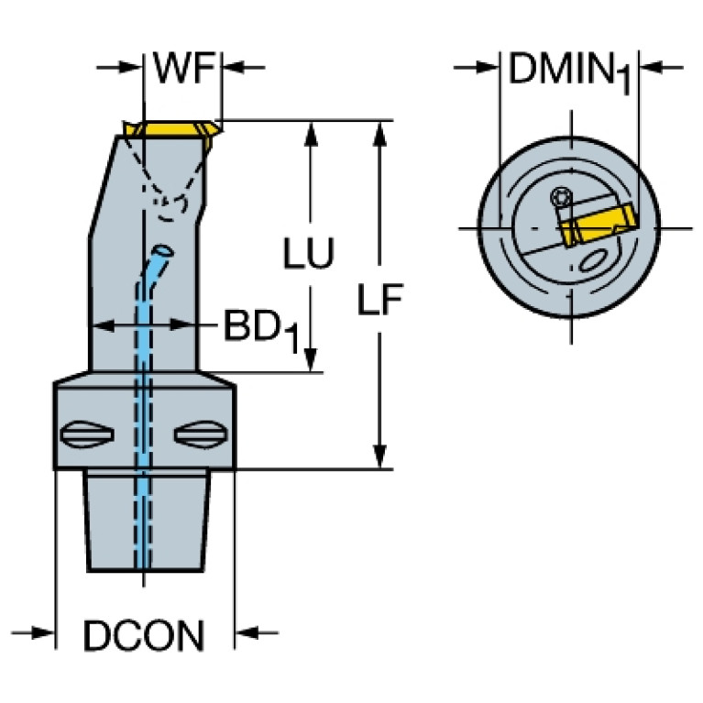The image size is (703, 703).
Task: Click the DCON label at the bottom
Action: pyautogui.click(x=144, y=636)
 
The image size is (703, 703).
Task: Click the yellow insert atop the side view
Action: pyautogui.click(x=171, y=131)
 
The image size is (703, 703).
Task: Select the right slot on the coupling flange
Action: pyautogui.click(x=201, y=434)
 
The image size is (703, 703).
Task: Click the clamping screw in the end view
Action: pyautogui.click(x=561, y=196)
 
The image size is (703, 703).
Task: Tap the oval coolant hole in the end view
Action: pyautogui.click(x=592, y=263)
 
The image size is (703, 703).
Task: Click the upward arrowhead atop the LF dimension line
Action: pyautogui.click(x=379, y=131)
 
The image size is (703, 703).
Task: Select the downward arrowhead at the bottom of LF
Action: pyautogui.click(x=379, y=456)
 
